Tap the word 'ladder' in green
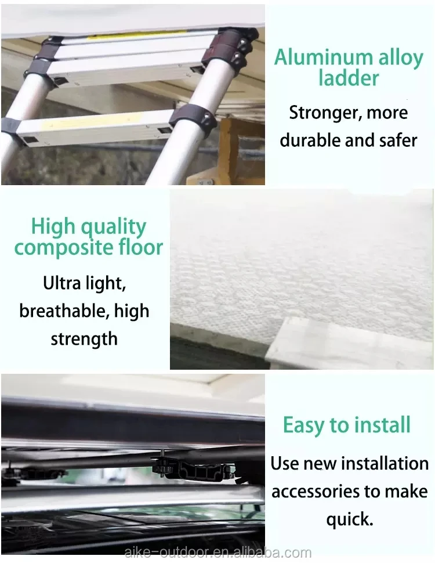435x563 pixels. click(349, 78)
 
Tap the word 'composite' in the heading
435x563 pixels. click(59, 248)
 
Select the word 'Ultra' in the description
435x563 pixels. click(61, 283)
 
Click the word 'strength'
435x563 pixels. click(84, 339)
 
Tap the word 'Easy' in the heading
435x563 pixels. click(304, 425)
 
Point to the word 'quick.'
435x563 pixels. click(350, 519)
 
